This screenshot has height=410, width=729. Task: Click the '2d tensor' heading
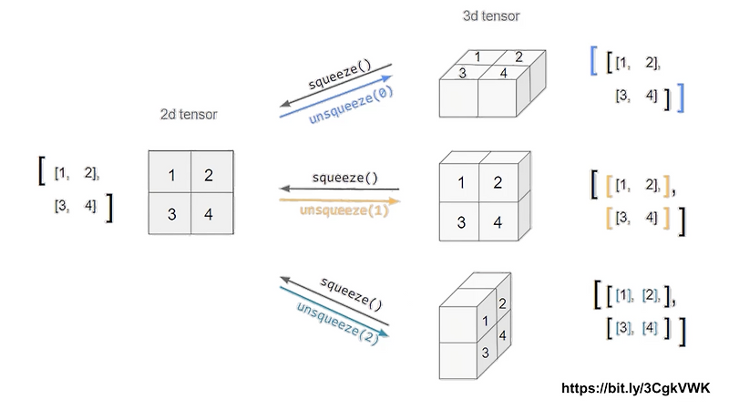[x=190, y=114]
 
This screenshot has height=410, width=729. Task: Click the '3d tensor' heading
[x=492, y=15]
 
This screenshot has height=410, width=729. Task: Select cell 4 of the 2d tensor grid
[x=210, y=214]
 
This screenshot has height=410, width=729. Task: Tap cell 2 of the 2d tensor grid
[x=210, y=174]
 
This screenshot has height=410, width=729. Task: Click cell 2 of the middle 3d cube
[x=498, y=182]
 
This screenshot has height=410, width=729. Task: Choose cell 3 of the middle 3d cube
[x=460, y=221]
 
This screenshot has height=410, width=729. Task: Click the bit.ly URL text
[x=636, y=388]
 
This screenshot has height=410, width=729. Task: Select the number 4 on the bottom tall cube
[x=503, y=335]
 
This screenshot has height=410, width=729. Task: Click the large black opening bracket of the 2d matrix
[x=40, y=170]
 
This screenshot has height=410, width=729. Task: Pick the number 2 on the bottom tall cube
[x=503, y=302]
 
